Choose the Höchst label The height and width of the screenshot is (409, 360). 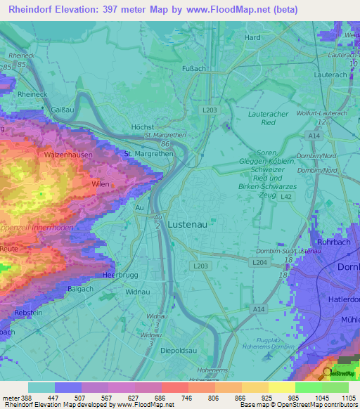(143, 126)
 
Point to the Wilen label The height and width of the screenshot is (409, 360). (100, 183)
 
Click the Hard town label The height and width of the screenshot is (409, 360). (252, 38)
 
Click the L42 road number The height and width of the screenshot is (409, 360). (285, 197)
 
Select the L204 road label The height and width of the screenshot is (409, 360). (259, 261)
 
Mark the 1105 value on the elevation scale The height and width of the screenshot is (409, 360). (348, 398)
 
